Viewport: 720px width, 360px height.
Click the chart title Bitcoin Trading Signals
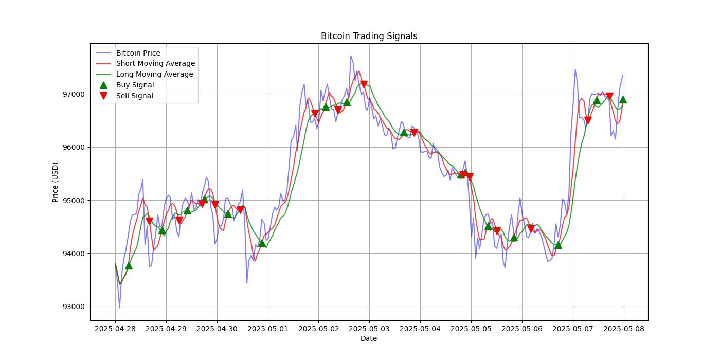[x=369, y=36]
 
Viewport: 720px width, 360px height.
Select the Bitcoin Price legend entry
[x=138, y=53]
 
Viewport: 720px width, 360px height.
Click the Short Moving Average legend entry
[x=155, y=64]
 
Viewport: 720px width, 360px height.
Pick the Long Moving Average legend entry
[x=154, y=74]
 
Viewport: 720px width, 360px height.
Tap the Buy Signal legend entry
[x=135, y=85]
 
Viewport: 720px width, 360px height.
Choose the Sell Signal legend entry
[x=134, y=96]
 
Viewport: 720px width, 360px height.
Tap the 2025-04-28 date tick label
[x=115, y=329]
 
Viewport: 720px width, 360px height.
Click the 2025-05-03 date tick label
[x=369, y=329]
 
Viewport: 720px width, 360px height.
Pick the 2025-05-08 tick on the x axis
[x=624, y=329]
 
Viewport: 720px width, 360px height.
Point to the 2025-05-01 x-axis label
[x=267, y=329]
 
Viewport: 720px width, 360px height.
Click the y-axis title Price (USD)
[x=55, y=182]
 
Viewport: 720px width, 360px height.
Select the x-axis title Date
[x=368, y=338]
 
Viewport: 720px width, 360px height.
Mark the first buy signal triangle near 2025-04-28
[x=129, y=265]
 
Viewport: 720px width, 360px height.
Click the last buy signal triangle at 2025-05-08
[x=623, y=99]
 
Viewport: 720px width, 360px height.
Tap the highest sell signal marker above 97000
[x=364, y=84]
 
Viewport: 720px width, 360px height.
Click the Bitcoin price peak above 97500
[x=351, y=56]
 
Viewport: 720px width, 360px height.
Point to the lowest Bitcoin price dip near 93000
[x=119, y=308]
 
